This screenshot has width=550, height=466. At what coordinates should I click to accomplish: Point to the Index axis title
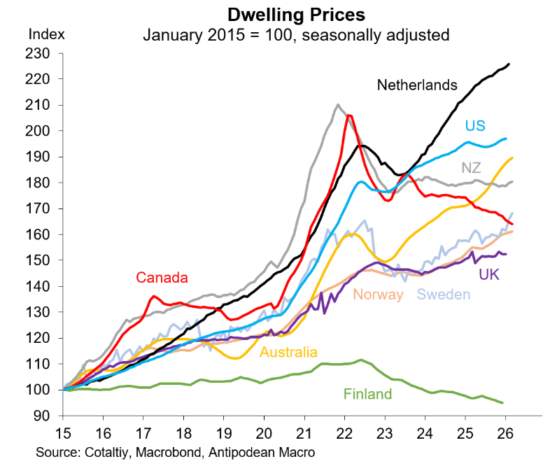[46, 34]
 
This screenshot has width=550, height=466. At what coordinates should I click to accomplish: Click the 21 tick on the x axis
[304, 432]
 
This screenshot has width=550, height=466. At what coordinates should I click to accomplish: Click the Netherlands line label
[417, 85]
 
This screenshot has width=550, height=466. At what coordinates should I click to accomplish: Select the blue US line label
[476, 126]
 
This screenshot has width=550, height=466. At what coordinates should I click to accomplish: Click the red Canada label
[162, 278]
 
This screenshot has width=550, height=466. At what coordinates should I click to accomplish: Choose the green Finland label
[367, 394]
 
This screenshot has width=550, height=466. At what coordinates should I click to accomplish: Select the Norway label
[379, 295]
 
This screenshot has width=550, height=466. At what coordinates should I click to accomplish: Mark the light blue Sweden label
[444, 295]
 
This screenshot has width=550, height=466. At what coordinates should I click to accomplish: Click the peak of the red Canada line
[349, 115]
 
